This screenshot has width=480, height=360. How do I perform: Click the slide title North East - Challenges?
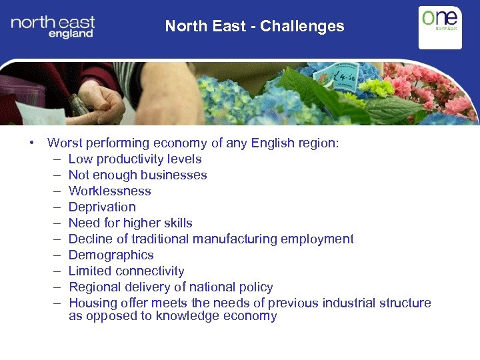[x=255, y=27]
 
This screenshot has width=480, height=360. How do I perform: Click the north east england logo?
[x=53, y=27]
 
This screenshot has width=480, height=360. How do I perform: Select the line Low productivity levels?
[x=135, y=159]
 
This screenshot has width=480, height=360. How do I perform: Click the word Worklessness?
[x=109, y=191]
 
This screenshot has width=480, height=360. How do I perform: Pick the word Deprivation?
[x=102, y=207]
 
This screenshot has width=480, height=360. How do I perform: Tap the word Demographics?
[x=111, y=255]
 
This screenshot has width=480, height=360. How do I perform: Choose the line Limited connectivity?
[x=126, y=271]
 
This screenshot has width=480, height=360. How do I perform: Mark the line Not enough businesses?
[x=137, y=175]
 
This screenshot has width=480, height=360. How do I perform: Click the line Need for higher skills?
[x=130, y=223]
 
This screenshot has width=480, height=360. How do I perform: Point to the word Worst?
[x=65, y=143]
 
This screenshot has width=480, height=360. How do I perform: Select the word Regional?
[x=93, y=287]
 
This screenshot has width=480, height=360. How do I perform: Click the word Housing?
[x=93, y=303]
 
